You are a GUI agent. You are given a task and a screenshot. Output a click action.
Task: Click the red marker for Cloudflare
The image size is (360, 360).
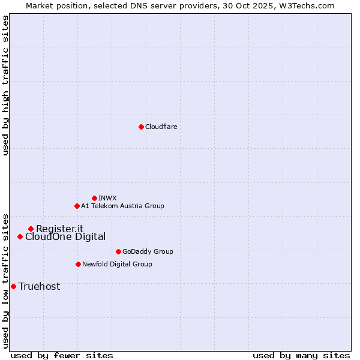point(141,127)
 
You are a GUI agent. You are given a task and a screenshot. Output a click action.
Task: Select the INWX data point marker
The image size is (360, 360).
point(94,198)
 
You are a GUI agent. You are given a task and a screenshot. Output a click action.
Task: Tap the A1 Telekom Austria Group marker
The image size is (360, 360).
point(77,206)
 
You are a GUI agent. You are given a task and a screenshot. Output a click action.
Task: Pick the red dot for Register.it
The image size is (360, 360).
point(31,229)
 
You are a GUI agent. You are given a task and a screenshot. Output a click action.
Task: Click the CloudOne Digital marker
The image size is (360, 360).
point(20,237)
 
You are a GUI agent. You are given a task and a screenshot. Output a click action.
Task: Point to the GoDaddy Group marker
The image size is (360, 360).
point(118,251)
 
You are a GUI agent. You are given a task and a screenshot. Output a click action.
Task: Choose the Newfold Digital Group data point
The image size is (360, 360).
point(78,264)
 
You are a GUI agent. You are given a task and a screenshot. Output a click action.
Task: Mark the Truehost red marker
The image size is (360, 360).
point(13,286)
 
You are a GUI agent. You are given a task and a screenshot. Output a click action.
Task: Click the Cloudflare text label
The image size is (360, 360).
point(161,127)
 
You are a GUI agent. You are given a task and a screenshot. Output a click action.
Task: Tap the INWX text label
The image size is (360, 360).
point(107,198)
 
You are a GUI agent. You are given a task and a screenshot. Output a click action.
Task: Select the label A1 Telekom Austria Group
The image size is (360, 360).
point(122,206)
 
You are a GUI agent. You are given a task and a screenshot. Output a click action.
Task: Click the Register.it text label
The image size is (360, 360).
point(59,229)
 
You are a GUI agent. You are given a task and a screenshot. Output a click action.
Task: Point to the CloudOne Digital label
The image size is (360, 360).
point(65,237)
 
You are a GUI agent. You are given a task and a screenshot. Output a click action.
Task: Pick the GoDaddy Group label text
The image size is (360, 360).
point(147,251)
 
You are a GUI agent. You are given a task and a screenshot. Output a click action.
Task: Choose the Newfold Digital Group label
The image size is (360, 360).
point(117,264)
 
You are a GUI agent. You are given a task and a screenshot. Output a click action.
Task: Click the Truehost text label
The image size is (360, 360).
point(39,287)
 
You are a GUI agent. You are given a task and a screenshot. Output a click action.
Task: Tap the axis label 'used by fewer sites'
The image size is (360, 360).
point(62,355)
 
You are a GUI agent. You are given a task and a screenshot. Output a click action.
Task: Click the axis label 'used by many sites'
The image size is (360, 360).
point(301,355)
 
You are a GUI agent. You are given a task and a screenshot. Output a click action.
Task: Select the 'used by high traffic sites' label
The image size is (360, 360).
point(5,85)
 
